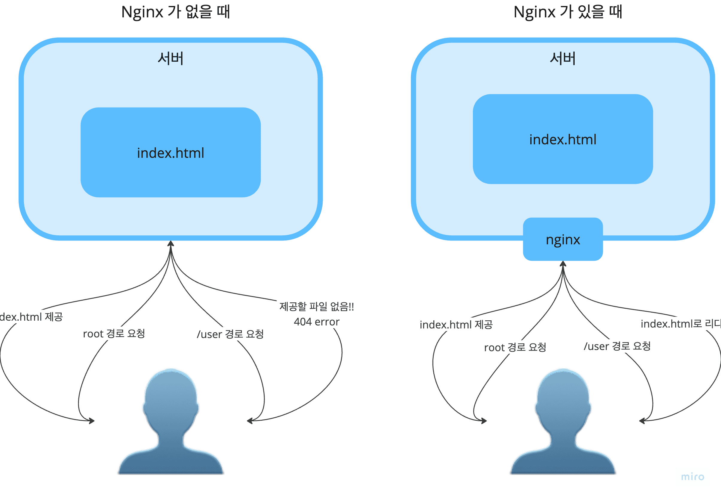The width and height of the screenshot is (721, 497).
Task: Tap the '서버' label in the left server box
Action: click(x=170, y=59)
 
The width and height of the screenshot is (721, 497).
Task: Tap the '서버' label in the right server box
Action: click(x=563, y=59)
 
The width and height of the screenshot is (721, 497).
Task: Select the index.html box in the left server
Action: click(x=171, y=153)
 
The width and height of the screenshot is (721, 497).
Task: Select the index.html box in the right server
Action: click(x=563, y=139)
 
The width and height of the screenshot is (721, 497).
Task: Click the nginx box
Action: click(x=563, y=240)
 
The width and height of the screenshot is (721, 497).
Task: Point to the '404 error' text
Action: click(x=317, y=322)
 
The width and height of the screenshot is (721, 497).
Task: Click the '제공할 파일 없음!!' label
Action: click(x=317, y=307)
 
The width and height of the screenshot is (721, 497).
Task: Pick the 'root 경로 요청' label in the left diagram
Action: click(x=114, y=334)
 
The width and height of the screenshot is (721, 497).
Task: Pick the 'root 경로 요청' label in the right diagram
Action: click(x=515, y=347)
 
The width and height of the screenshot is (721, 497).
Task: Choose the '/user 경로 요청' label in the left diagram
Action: click(x=230, y=334)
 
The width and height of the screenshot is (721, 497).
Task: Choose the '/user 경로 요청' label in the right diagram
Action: click(x=617, y=346)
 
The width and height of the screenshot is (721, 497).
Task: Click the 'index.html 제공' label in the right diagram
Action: click(x=456, y=325)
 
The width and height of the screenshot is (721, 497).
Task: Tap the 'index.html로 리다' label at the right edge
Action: click(x=681, y=324)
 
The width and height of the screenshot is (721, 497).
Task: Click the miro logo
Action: click(x=693, y=477)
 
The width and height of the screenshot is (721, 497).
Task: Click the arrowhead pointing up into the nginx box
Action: click(x=563, y=264)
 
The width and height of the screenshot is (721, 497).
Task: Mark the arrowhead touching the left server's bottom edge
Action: click(x=171, y=243)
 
